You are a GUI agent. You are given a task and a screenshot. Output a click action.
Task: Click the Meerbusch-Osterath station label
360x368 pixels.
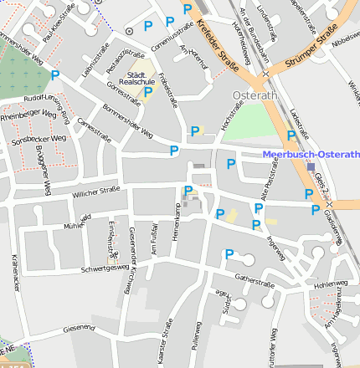pyautogui.click(x=311, y=155)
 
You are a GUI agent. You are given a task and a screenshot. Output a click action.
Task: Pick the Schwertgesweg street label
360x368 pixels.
pyautogui.click(x=105, y=268)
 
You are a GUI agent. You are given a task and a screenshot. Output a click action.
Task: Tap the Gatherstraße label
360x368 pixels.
pyautogui.click(x=255, y=282)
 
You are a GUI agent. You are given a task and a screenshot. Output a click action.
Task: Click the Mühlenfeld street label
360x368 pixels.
pyautogui.click(x=76, y=223)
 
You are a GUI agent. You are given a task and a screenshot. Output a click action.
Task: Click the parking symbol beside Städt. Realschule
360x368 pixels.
pyautogui.click(x=147, y=93)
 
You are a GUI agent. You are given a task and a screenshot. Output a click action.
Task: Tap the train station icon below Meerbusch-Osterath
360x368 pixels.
pyautogui.click(x=311, y=166)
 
